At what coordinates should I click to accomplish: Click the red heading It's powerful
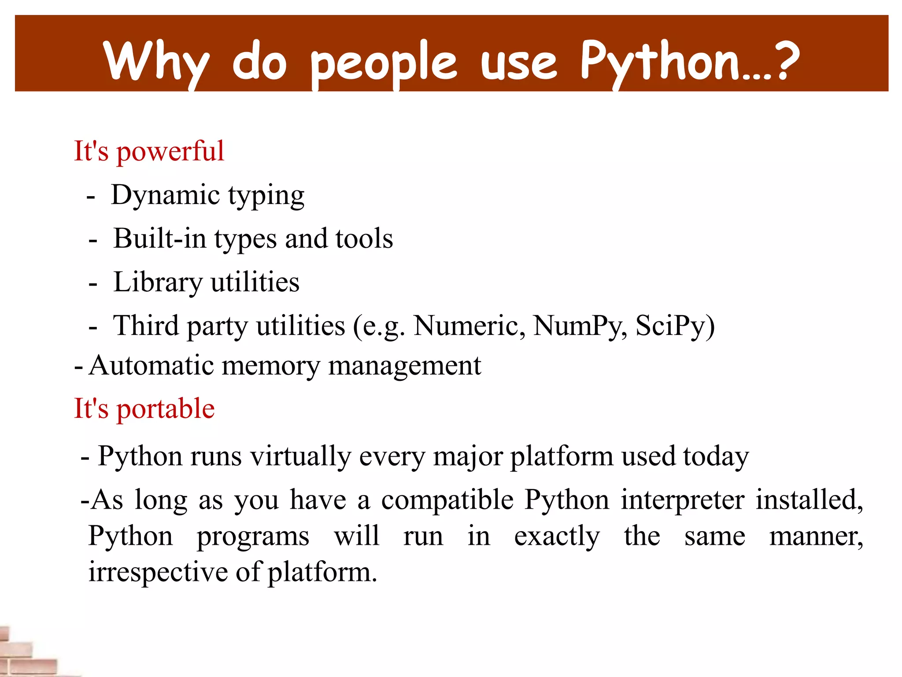(x=149, y=151)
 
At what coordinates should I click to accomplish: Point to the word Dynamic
(x=166, y=195)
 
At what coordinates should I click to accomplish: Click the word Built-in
(x=160, y=238)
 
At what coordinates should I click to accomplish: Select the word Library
(x=158, y=282)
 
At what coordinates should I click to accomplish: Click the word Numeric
(x=469, y=326)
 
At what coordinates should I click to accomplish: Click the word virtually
(x=300, y=456)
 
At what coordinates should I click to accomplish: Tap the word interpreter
(x=683, y=500)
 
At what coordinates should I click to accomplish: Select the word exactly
(x=557, y=537)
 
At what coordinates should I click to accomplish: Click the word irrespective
(x=158, y=573)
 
